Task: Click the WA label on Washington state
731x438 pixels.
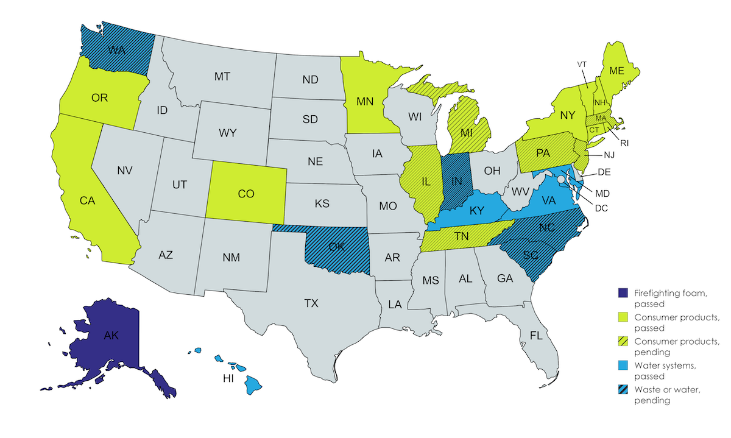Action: pos(117,51)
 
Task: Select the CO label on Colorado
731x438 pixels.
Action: pos(245,194)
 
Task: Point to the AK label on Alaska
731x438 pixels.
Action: pos(111,335)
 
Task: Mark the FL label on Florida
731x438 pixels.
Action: pos(536,335)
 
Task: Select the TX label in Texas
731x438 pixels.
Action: pos(311,303)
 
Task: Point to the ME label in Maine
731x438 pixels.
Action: pos(616,71)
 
